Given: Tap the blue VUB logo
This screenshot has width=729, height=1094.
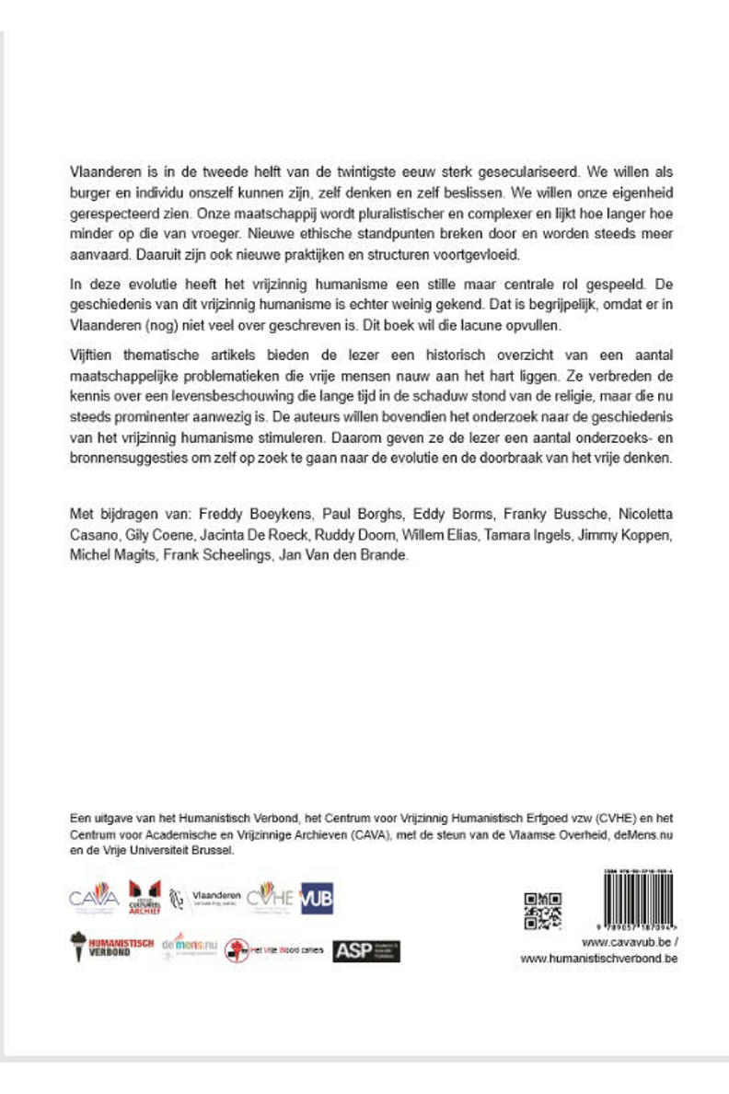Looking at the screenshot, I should click(318, 898).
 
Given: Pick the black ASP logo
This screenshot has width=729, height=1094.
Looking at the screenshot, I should click(366, 950).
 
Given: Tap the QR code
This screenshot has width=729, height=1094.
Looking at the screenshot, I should click(543, 910).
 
